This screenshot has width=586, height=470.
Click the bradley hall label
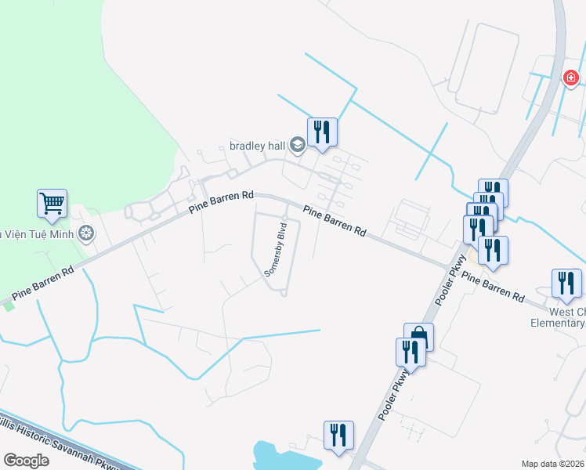point(256,145)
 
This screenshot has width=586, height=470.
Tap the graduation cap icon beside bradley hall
point(297,145)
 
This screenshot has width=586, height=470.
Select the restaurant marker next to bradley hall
point(322,132)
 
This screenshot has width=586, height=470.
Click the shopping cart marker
point(52,204)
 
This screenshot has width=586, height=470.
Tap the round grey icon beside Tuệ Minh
point(85,233)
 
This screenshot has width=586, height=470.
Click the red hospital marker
point(571,78)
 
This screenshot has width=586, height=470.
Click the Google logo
point(26,460)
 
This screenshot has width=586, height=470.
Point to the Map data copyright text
point(552,464)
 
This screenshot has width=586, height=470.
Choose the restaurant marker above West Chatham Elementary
point(566,284)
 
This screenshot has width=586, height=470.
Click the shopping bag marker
point(418,337)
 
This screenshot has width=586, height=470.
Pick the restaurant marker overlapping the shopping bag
point(410,352)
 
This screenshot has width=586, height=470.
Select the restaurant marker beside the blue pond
point(338,436)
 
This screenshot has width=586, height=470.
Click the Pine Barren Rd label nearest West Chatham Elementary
point(493,287)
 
